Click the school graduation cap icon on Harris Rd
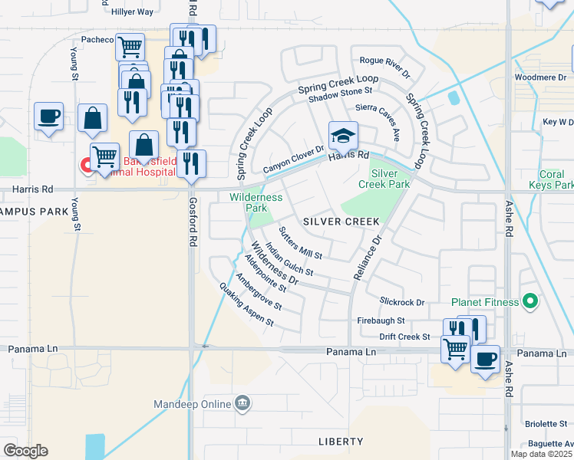(x=343, y=136)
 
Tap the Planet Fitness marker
(x=529, y=301)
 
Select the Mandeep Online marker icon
(x=242, y=402)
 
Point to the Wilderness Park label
(x=256, y=202)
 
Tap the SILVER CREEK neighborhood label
(x=341, y=221)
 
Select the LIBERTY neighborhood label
(x=341, y=442)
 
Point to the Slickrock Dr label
(x=401, y=302)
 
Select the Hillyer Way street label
(x=132, y=12)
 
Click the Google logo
(x=26, y=450)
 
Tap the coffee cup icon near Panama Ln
(x=484, y=359)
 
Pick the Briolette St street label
(x=546, y=423)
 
